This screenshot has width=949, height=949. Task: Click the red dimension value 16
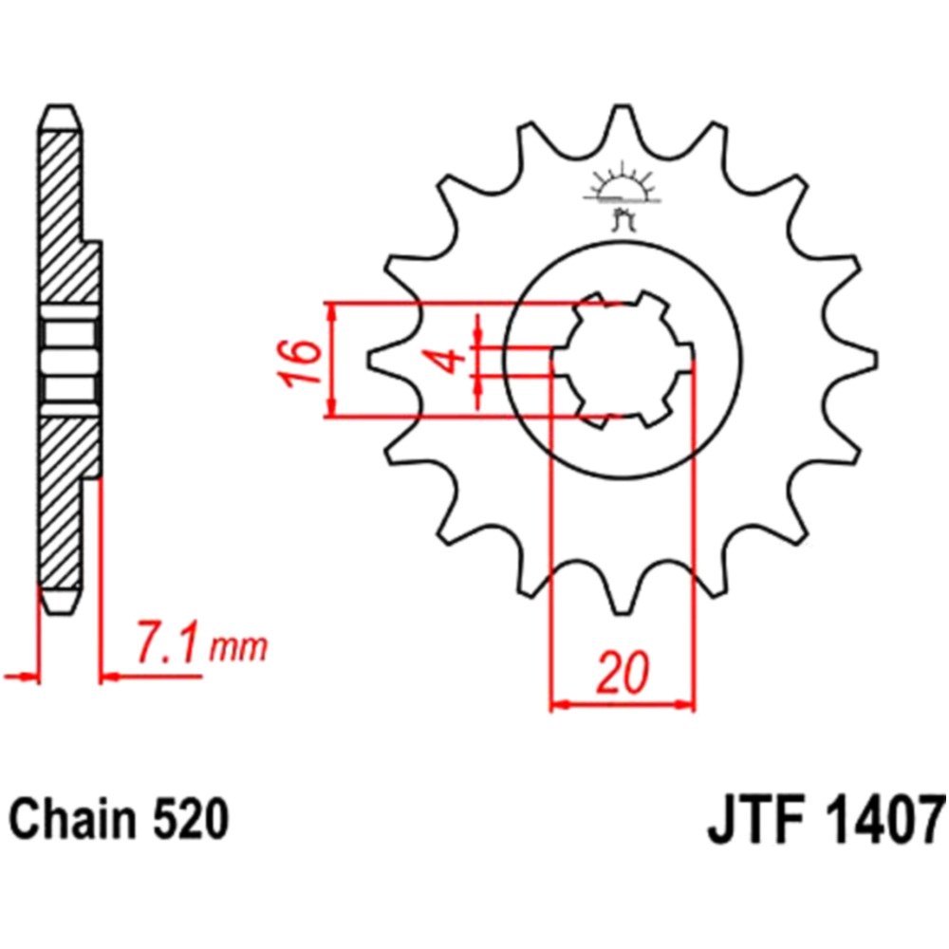pyautogui.click(x=299, y=362)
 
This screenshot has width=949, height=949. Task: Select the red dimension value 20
pyautogui.click(x=623, y=673)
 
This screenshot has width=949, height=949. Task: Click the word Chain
pyautogui.click(x=72, y=820)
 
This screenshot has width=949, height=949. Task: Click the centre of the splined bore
pyautogui.click(x=623, y=360)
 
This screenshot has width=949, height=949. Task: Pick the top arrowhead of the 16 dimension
pyautogui.click(x=330, y=311)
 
